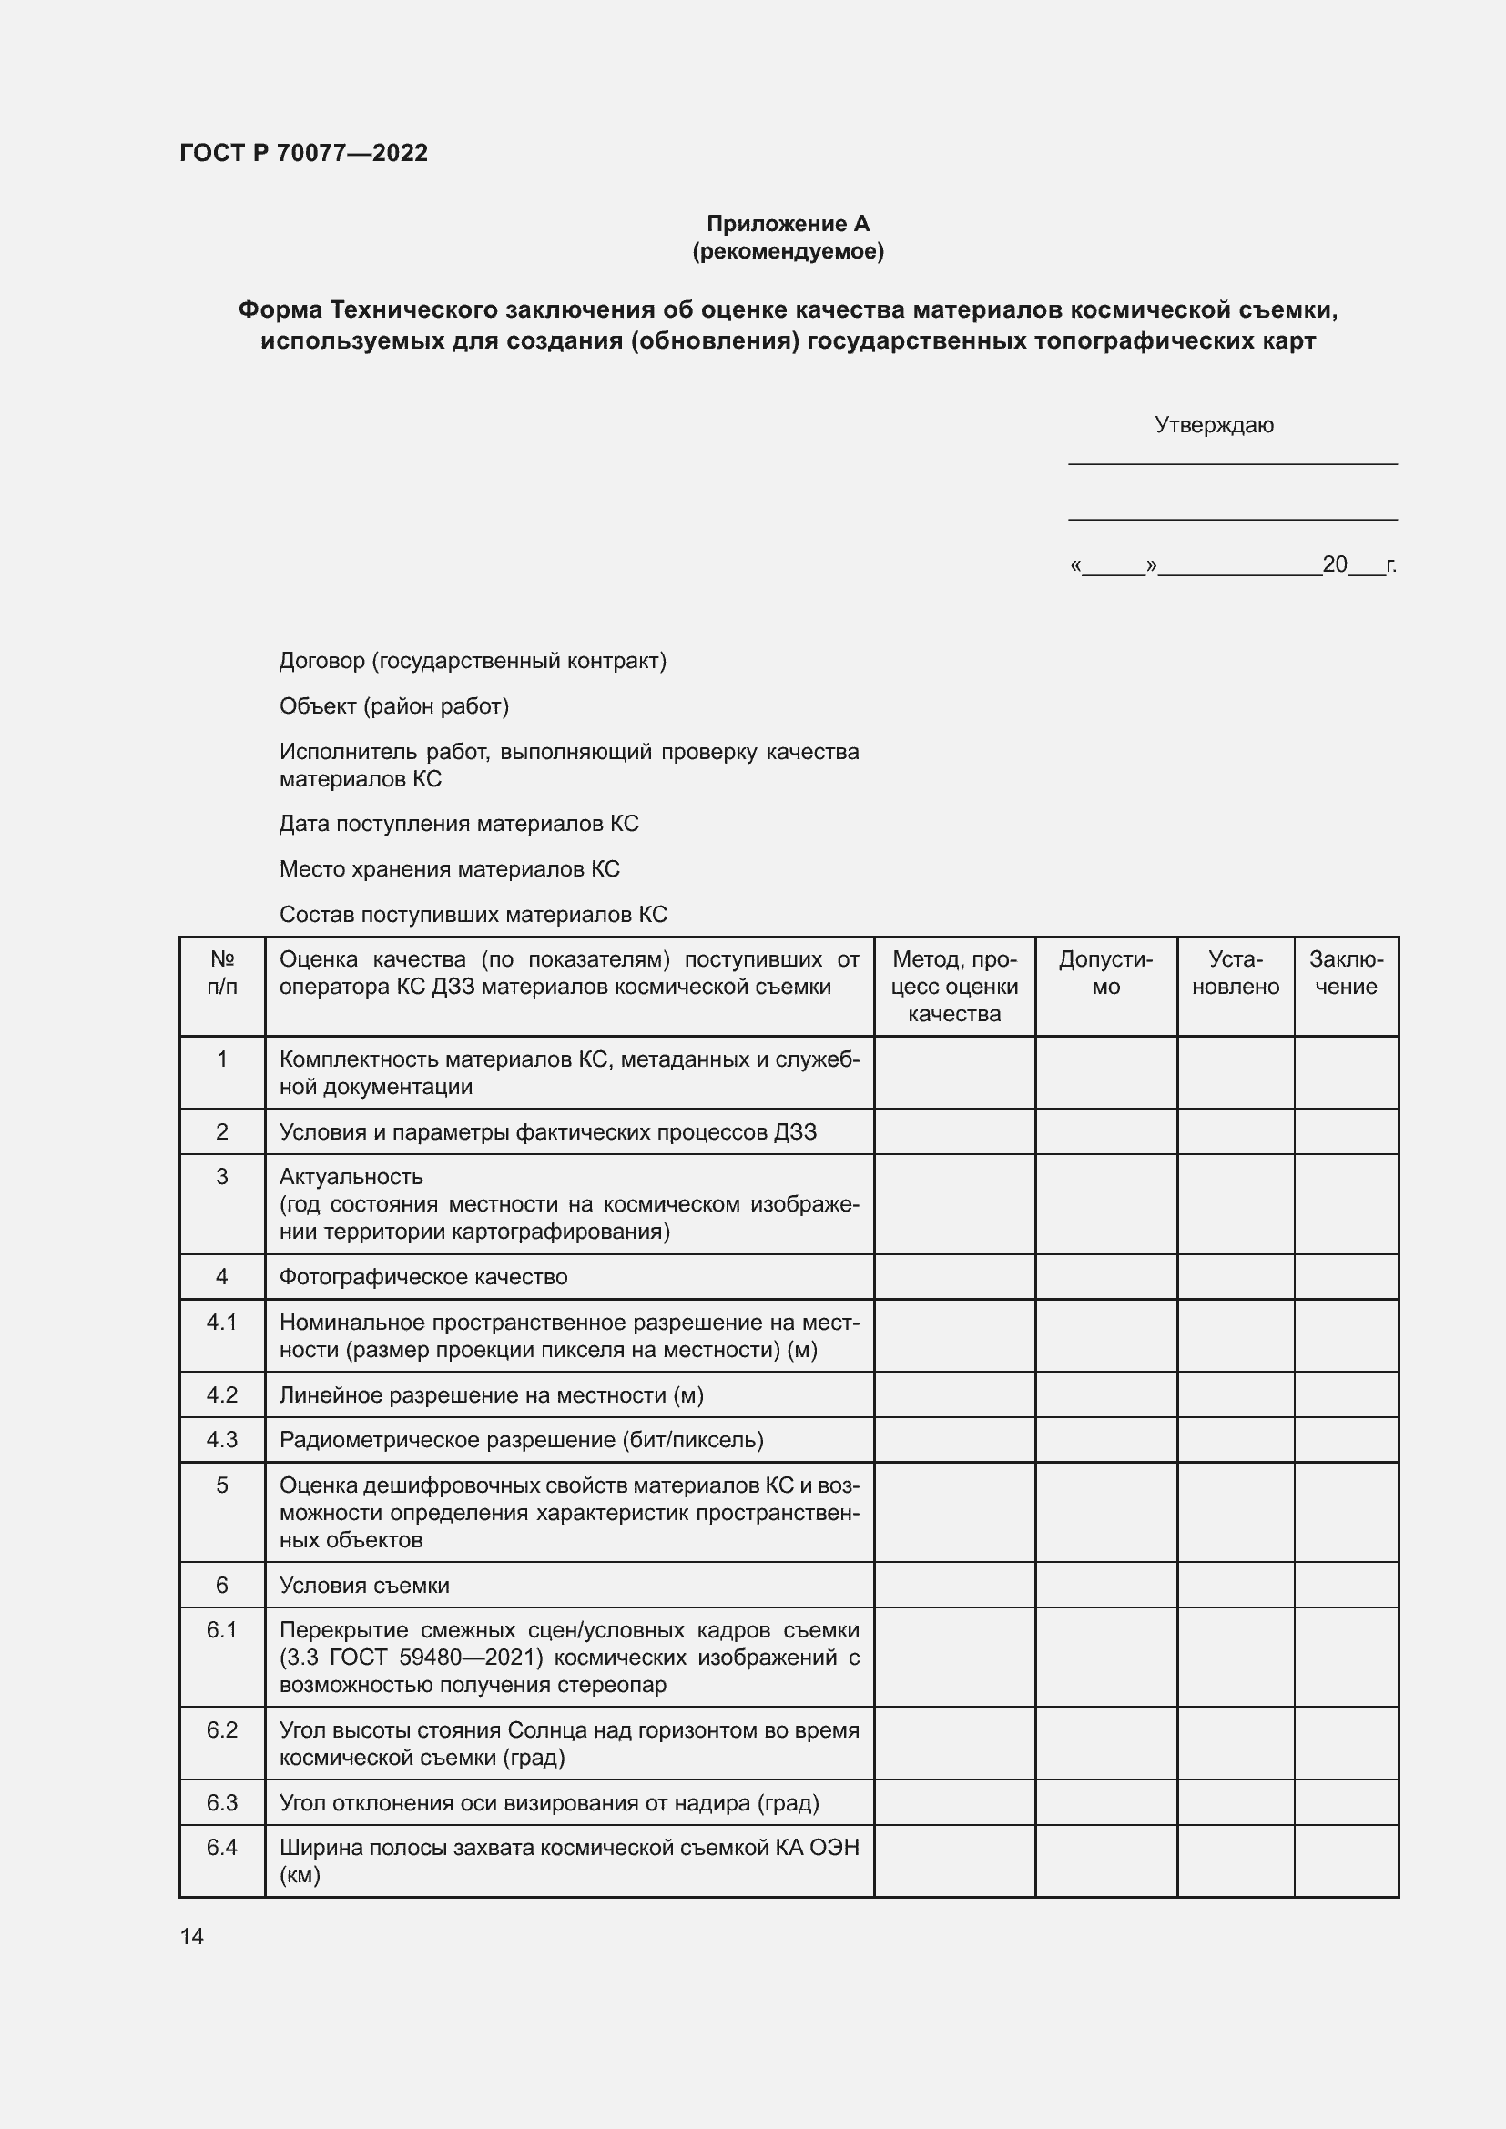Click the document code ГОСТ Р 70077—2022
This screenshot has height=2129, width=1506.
303,153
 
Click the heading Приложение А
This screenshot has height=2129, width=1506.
788,224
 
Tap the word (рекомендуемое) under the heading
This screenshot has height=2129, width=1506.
788,251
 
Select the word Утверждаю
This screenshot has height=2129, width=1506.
1213,425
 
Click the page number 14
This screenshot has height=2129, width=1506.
191,1936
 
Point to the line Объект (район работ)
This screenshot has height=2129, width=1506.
394,705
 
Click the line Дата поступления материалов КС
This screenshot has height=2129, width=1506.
459,824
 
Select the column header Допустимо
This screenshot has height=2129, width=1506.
1105,973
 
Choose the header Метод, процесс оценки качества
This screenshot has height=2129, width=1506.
954,986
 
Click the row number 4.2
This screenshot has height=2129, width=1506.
221,1394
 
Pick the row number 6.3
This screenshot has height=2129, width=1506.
221,1802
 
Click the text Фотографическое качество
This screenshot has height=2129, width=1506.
422,1277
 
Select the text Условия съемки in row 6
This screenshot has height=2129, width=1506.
363,1586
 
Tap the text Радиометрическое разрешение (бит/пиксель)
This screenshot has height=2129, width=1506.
521,1440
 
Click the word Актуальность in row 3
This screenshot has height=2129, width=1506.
351,1177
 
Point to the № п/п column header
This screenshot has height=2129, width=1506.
221,973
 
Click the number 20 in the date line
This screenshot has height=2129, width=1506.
1334,563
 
